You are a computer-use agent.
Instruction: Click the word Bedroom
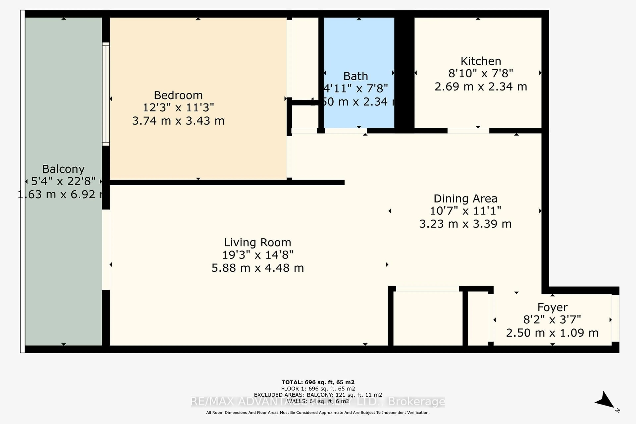coord(178,95)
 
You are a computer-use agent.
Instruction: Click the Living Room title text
coord(257,242)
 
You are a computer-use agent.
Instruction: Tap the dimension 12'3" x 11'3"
coord(178,108)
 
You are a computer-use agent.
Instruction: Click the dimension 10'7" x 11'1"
coord(465,211)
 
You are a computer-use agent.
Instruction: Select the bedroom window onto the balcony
coord(106,94)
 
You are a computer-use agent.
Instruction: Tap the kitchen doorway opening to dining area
coord(468,131)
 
